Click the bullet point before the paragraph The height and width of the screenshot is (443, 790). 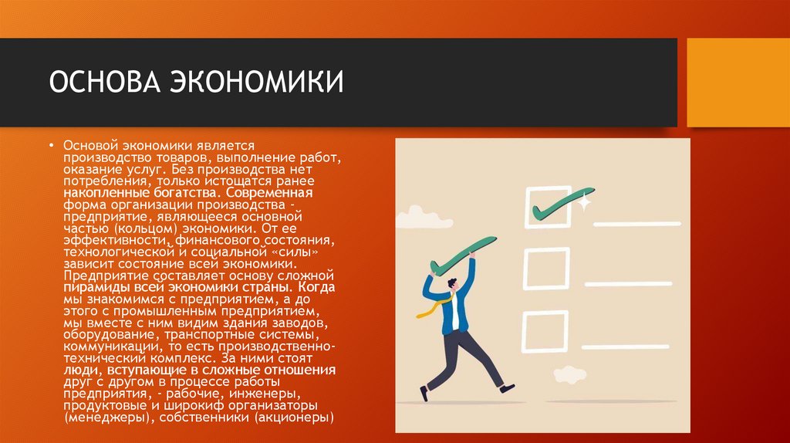coord(52,146)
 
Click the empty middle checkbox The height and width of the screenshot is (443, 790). coord(546,268)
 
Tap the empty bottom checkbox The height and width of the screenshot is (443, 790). coord(546,331)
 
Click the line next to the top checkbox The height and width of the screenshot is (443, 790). coord(637,221)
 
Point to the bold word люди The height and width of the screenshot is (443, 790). coord(79,370)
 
